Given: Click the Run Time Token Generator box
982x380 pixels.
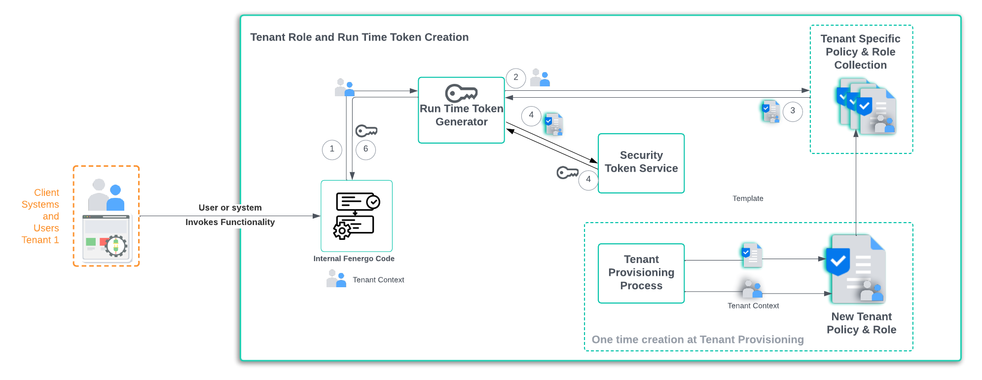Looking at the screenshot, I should click(x=461, y=116).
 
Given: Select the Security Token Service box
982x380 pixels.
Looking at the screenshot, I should click(x=641, y=163).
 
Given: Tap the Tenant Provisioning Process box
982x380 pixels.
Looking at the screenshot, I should click(x=641, y=273).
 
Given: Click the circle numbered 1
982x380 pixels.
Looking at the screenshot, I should click(x=332, y=149).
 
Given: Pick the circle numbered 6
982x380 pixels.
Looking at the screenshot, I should click(x=365, y=149).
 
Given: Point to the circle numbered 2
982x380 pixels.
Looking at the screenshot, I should click(x=516, y=77).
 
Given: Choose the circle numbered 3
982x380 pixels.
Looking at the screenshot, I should click(x=793, y=111).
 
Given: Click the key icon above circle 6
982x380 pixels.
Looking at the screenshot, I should click(x=366, y=131).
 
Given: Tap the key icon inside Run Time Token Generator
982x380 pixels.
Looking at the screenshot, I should click(x=461, y=93).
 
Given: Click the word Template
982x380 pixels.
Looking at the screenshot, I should click(x=748, y=198).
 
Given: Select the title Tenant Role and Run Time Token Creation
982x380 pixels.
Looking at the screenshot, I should click(x=359, y=38).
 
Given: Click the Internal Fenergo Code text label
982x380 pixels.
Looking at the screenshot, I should click(x=354, y=259).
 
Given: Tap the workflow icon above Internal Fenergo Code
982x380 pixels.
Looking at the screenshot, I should click(x=357, y=216).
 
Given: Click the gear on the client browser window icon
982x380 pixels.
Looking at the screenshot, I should click(x=116, y=245).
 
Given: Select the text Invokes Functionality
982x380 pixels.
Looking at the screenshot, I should click(x=230, y=222).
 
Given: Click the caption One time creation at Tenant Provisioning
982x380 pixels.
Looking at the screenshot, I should click(x=697, y=340).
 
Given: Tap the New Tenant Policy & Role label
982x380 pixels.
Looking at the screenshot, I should click(x=861, y=323).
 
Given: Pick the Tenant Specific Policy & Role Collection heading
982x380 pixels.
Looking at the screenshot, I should click(x=860, y=52).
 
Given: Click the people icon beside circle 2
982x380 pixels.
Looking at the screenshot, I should click(x=540, y=78).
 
